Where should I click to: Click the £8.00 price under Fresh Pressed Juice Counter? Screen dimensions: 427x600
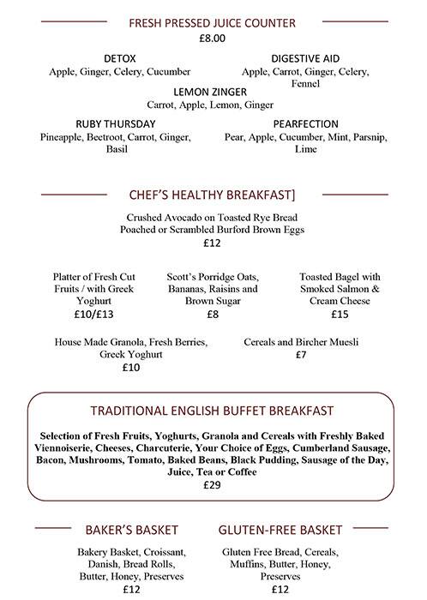coord(212,39)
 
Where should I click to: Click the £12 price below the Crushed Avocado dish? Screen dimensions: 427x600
coord(213,243)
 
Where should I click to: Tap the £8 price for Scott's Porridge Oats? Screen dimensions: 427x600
coord(213,315)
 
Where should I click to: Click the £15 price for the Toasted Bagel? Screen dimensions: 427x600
coord(340,315)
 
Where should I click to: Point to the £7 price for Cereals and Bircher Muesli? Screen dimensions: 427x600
coord(301,355)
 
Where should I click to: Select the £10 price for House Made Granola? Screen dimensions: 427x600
coord(131,368)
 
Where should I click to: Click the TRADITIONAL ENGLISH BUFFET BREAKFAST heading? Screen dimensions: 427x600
coord(212,411)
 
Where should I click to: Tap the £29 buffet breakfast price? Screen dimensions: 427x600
coord(212,485)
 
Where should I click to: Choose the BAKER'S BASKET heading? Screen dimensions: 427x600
coord(130,530)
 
